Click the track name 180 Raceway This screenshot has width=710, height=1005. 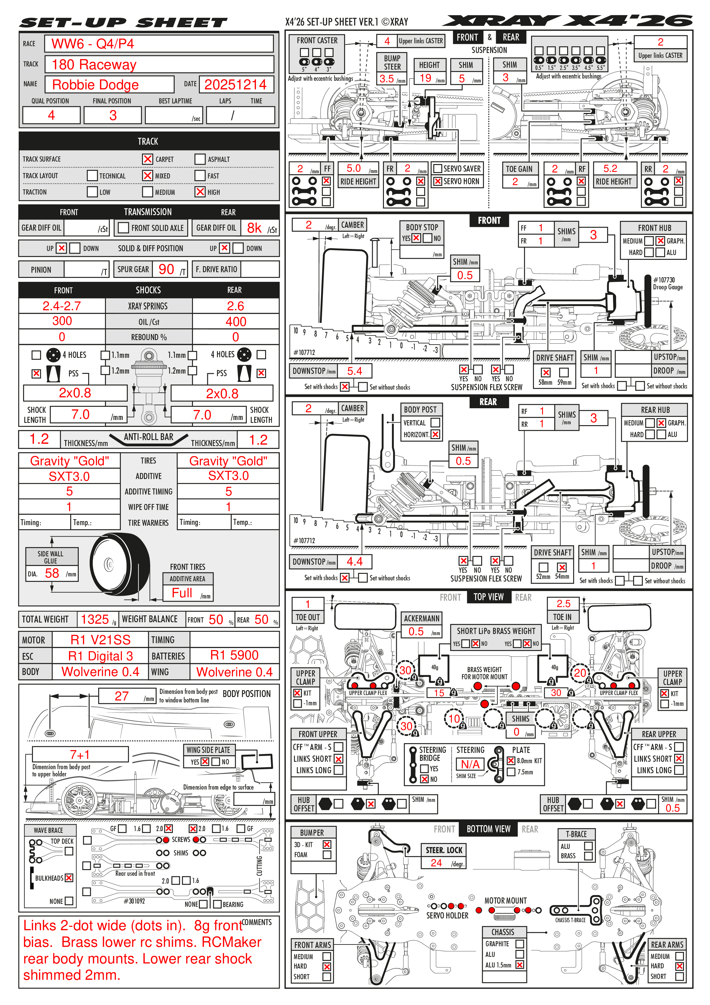94,65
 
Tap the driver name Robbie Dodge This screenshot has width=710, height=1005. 95,85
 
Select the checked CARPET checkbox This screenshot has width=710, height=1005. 148,159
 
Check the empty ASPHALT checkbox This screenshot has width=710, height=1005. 200,159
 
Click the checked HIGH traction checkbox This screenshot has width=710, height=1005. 200,192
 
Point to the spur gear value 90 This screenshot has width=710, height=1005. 166,269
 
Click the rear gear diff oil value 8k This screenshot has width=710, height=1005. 254,228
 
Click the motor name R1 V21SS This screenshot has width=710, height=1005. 100,640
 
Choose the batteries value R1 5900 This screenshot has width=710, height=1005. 234,655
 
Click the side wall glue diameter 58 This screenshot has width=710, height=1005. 52,574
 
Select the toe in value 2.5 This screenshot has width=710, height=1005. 563,604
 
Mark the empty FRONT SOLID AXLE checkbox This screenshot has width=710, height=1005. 124,227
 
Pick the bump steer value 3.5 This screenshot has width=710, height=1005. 387,79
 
